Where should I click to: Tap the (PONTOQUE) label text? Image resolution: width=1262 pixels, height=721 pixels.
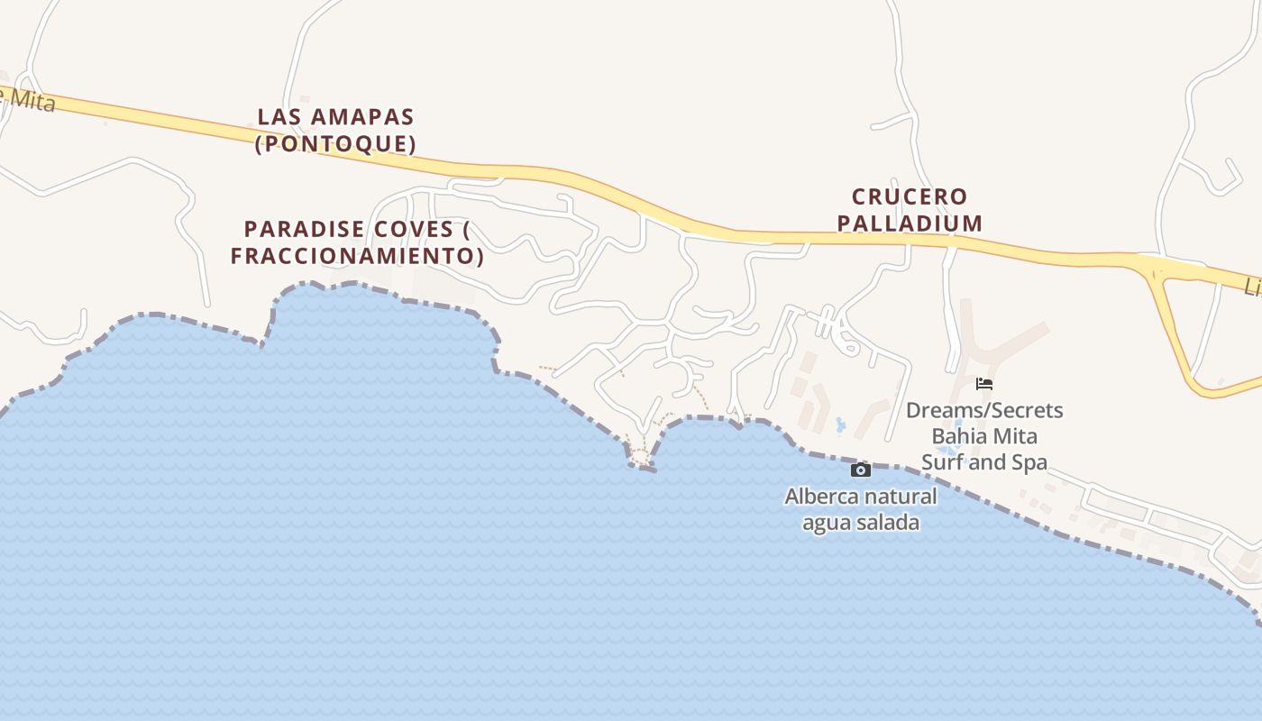pos(335,144)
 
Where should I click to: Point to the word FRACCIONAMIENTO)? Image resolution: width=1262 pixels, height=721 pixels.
pos(357,256)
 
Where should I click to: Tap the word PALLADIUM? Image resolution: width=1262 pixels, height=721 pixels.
pos(910,223)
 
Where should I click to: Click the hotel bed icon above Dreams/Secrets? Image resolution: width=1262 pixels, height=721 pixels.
pos(984,384)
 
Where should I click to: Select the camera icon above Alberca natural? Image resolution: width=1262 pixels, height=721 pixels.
pos(861,470)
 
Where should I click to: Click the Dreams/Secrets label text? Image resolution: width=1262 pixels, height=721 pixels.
pos(984,411)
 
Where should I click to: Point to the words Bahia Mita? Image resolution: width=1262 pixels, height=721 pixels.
pos(984,437)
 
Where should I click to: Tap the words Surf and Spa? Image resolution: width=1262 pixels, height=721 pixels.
pos(984,463)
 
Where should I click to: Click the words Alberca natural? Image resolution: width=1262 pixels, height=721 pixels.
pos(861,497)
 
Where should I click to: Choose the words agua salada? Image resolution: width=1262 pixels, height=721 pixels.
pos(861,523)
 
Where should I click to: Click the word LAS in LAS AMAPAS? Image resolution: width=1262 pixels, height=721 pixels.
pos(276,117)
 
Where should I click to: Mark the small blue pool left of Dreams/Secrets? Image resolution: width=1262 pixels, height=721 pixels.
pos(841,424)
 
